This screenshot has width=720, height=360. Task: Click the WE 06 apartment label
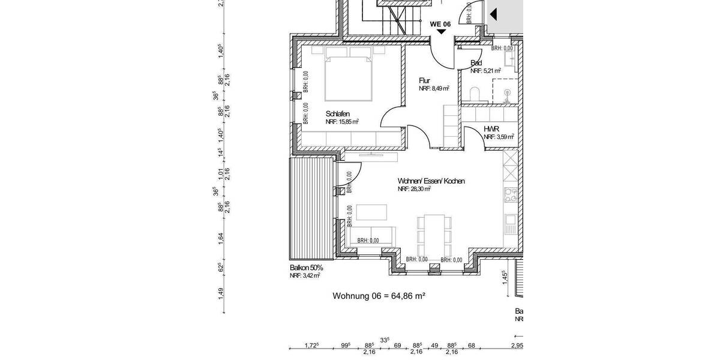click(x=440, y=24)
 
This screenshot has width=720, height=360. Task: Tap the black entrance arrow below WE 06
click(x=441, y=32)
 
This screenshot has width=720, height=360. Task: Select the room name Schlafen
click(x=338, y=113)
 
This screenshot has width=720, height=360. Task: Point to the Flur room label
click(x=424, y=80)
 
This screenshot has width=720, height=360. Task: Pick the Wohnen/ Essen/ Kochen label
click(x=431, y=181)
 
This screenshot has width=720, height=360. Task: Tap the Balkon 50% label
click(x=306, y=268)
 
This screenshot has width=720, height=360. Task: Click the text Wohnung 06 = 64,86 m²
click(x=379, y=296)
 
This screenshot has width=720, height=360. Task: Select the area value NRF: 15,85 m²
click(x=342, y=122)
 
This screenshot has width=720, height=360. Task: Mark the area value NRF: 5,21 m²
click(x=485, y=71)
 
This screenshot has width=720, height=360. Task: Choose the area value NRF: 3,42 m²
click(x=304, y=276)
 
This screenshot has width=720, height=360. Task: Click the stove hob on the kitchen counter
click(x=511, y=195)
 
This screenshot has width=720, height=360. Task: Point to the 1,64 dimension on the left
click(x=221, y=238)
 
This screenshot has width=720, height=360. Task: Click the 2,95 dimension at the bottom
click(x=517, y=345)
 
